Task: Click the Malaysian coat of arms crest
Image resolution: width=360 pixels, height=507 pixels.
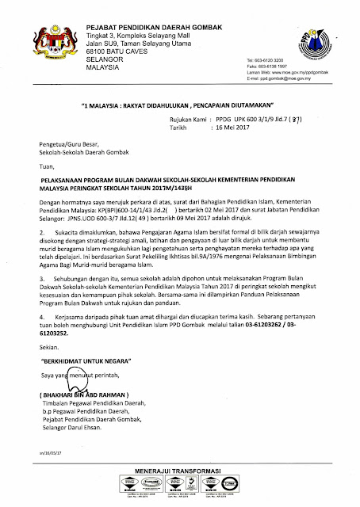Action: coord(47,44)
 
